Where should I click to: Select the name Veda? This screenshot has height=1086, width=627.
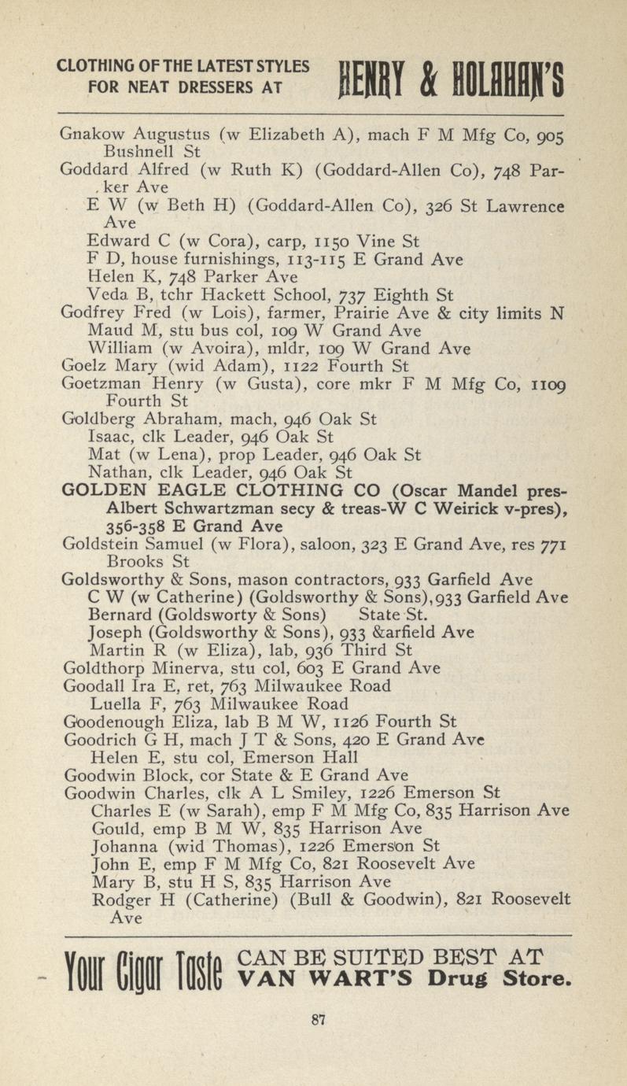pyautogui.click(x=103, y=296)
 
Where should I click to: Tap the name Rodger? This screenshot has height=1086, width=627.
pyautogui.click(x=116, y=899)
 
